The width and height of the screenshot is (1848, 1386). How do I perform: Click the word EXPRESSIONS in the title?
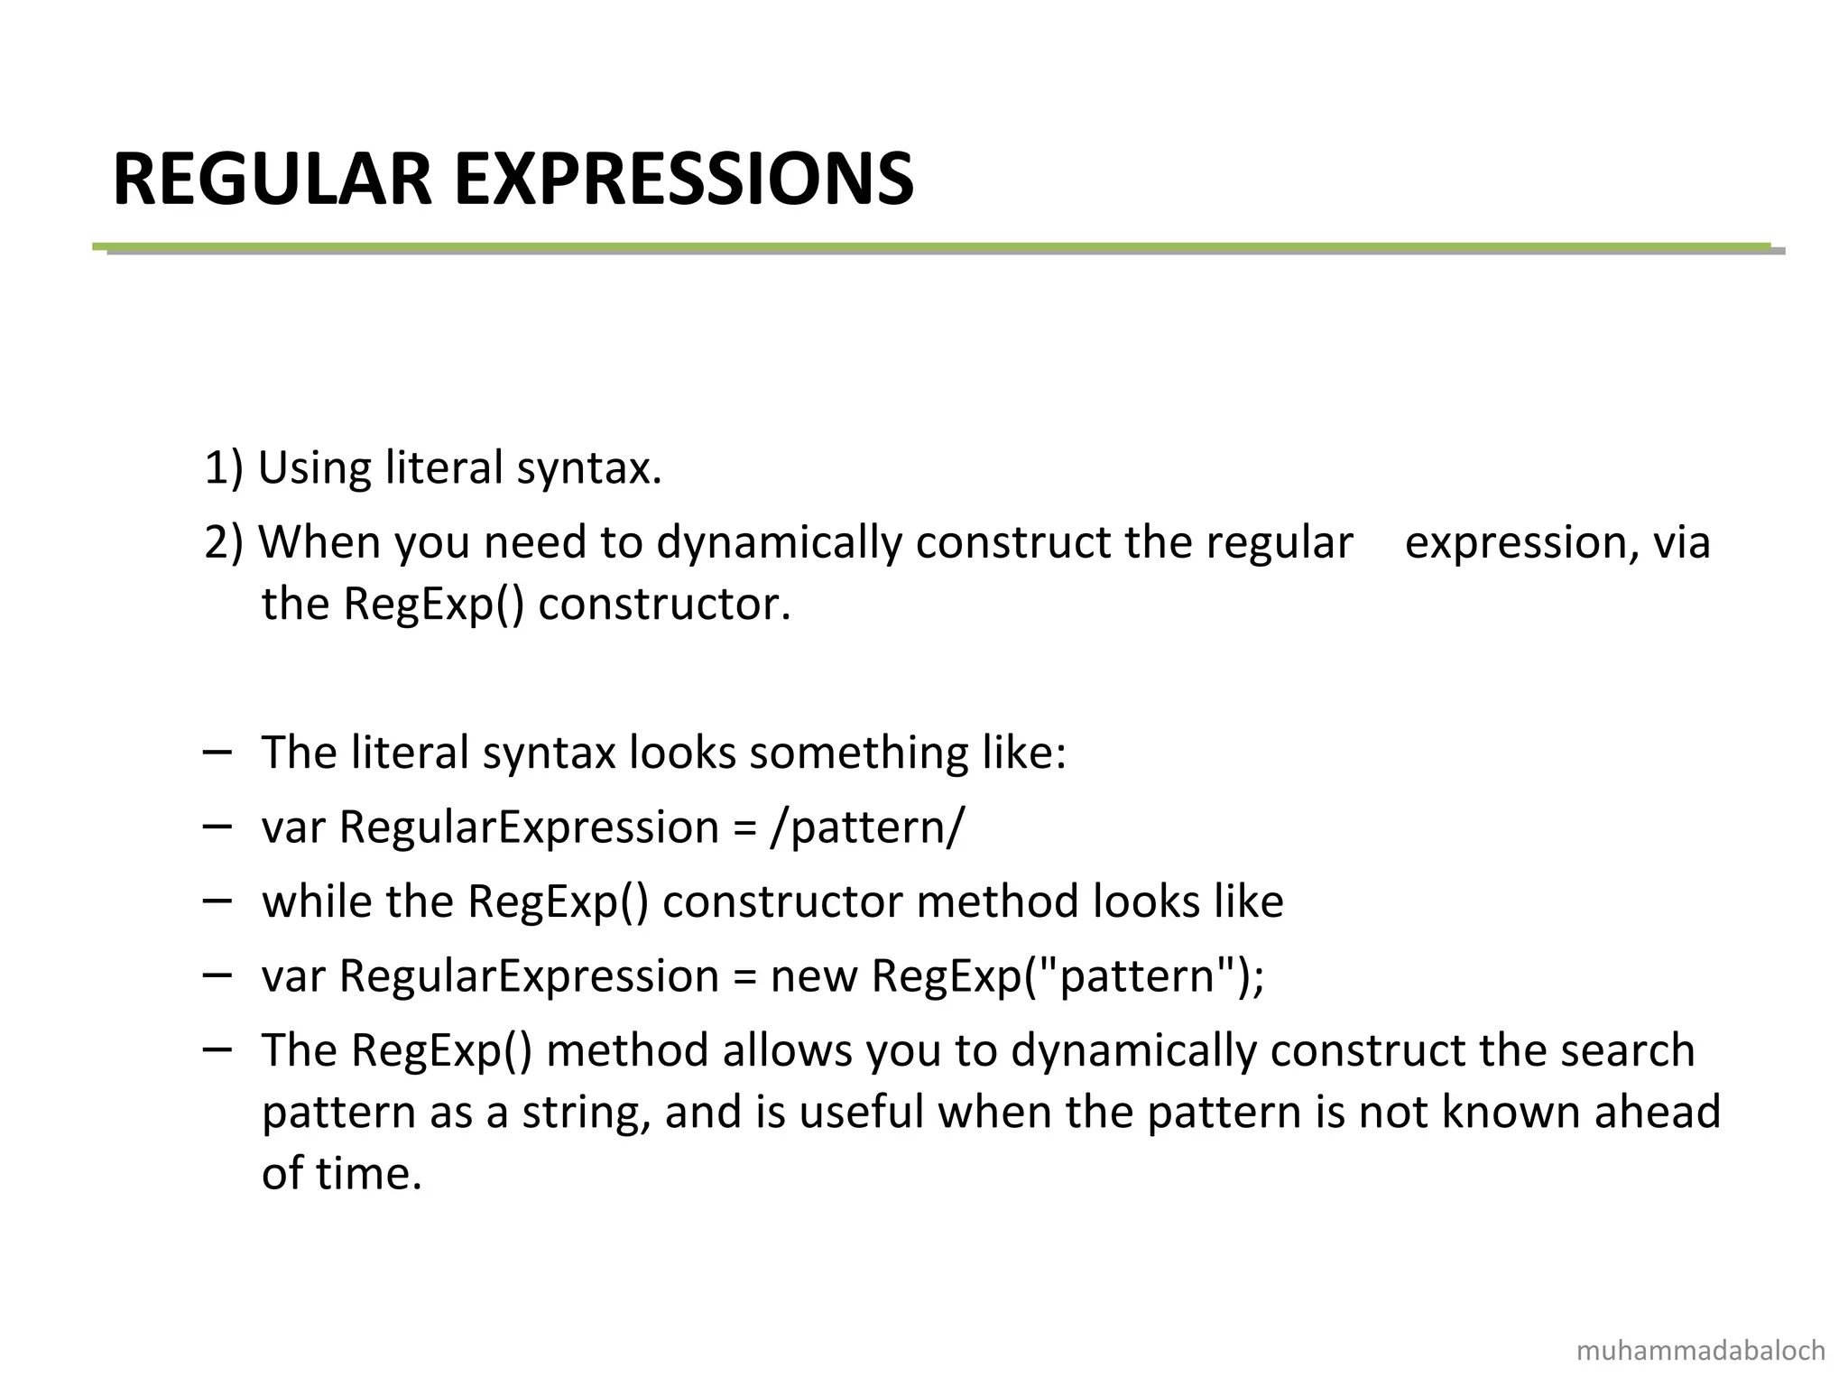(x=684, y=180)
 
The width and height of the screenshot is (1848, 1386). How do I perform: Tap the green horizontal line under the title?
(x=929, y=246)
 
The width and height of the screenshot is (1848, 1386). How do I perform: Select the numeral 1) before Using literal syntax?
(x=224, y=468)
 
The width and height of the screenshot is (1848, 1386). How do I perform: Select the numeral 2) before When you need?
(x=224, y=542)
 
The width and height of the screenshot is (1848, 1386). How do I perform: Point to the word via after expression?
(x=1681, y=542)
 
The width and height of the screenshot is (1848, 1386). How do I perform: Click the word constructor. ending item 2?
(x=664, y=604)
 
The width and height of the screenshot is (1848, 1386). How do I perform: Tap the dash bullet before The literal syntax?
(x=217, y=751)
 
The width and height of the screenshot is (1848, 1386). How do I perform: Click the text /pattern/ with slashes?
(x=867, y=827)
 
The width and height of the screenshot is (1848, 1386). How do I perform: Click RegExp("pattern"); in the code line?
(x=1067, y=975)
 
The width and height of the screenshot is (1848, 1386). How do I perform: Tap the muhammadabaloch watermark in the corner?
(x=1701, y=1351)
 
